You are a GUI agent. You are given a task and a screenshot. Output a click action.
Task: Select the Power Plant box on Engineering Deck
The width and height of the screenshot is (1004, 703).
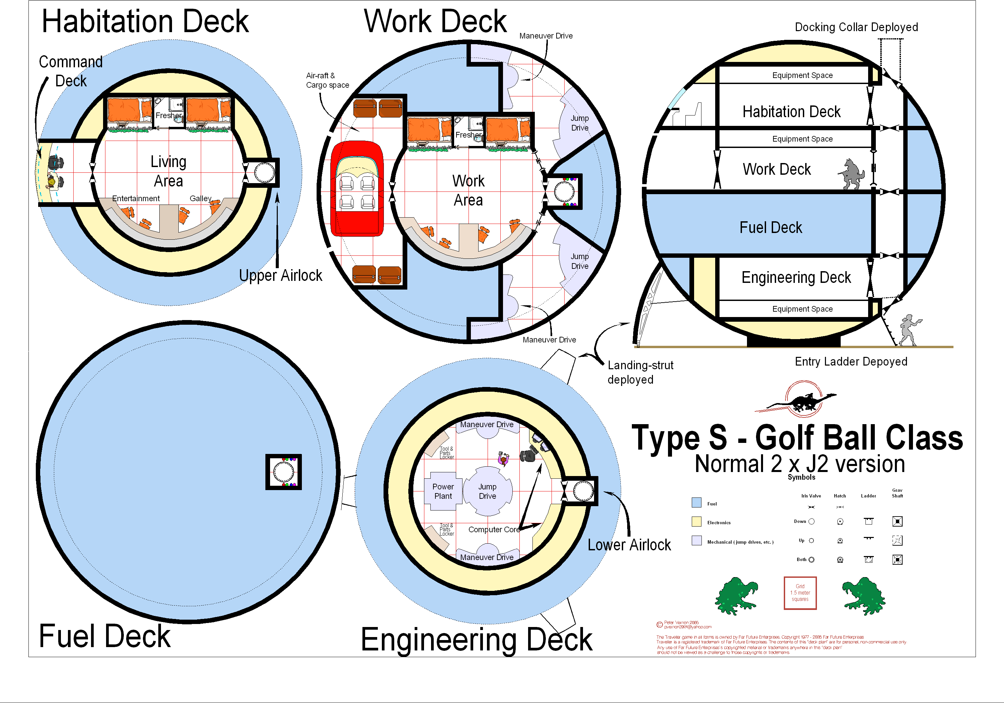[443, 491]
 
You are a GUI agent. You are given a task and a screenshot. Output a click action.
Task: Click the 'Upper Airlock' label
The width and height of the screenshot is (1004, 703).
[280, 276]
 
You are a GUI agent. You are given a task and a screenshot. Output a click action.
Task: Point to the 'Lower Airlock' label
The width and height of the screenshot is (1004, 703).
[629, 545]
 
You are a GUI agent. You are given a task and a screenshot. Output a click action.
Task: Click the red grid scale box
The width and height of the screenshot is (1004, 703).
[800, 593]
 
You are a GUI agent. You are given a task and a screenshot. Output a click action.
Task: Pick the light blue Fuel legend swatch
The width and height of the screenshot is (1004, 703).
[696, 502]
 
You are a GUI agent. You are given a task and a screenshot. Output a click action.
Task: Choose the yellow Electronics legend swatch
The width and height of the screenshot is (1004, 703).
[696, 522]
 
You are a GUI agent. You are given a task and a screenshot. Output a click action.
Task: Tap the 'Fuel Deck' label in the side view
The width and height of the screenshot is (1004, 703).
[770, 228]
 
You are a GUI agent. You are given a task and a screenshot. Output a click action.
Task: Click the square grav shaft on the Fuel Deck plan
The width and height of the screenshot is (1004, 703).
[283, 472]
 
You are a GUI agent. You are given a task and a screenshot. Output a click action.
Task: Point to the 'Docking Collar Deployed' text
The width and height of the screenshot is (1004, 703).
[856, 27]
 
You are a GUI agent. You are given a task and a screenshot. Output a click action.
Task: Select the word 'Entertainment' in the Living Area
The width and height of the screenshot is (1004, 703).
[136, 199]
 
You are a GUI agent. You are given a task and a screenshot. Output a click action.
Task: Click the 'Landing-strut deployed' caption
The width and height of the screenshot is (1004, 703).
[640, 372]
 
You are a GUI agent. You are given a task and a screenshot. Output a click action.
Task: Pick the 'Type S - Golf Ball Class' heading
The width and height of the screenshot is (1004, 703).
[797, 438]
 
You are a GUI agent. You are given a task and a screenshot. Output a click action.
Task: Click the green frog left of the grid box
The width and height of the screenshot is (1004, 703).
[736, 596]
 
